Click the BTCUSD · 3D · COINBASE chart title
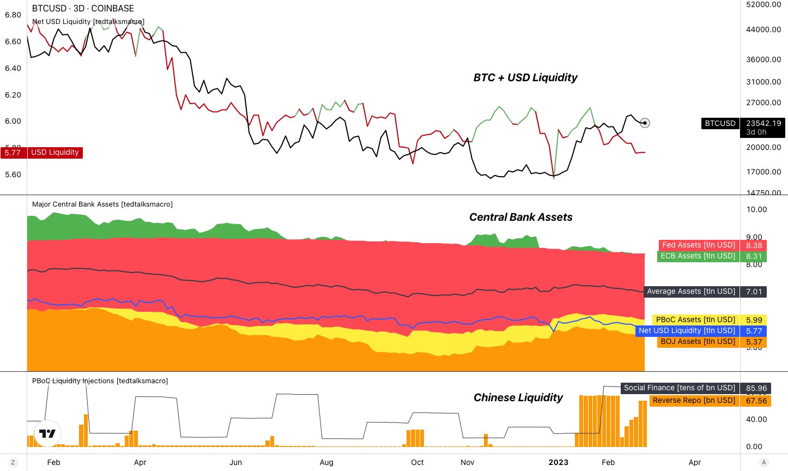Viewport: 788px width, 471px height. coord(83,8)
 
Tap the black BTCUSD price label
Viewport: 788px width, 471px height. coord(720,124)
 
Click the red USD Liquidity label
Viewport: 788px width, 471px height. coord(54,153)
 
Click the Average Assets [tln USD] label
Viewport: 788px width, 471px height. coord(691,292)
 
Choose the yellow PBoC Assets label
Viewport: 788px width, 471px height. coord(695,320)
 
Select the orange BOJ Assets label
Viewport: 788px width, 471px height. coord(698,342)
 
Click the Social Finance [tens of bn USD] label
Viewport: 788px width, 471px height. coord(680,388)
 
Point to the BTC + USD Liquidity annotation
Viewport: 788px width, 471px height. coord(525,77)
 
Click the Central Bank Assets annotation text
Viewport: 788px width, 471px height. coord(521,217)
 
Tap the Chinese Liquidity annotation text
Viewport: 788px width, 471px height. coord(518,397)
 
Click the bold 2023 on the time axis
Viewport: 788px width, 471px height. coord(559,462)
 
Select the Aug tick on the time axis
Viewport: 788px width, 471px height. coord(326,462)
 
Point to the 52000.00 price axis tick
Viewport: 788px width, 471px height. coord(763,4)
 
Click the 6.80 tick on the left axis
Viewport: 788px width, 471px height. coord(13,15)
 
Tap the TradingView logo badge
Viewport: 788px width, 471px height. coord(47,434)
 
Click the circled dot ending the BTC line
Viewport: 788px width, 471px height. coord(645,123)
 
